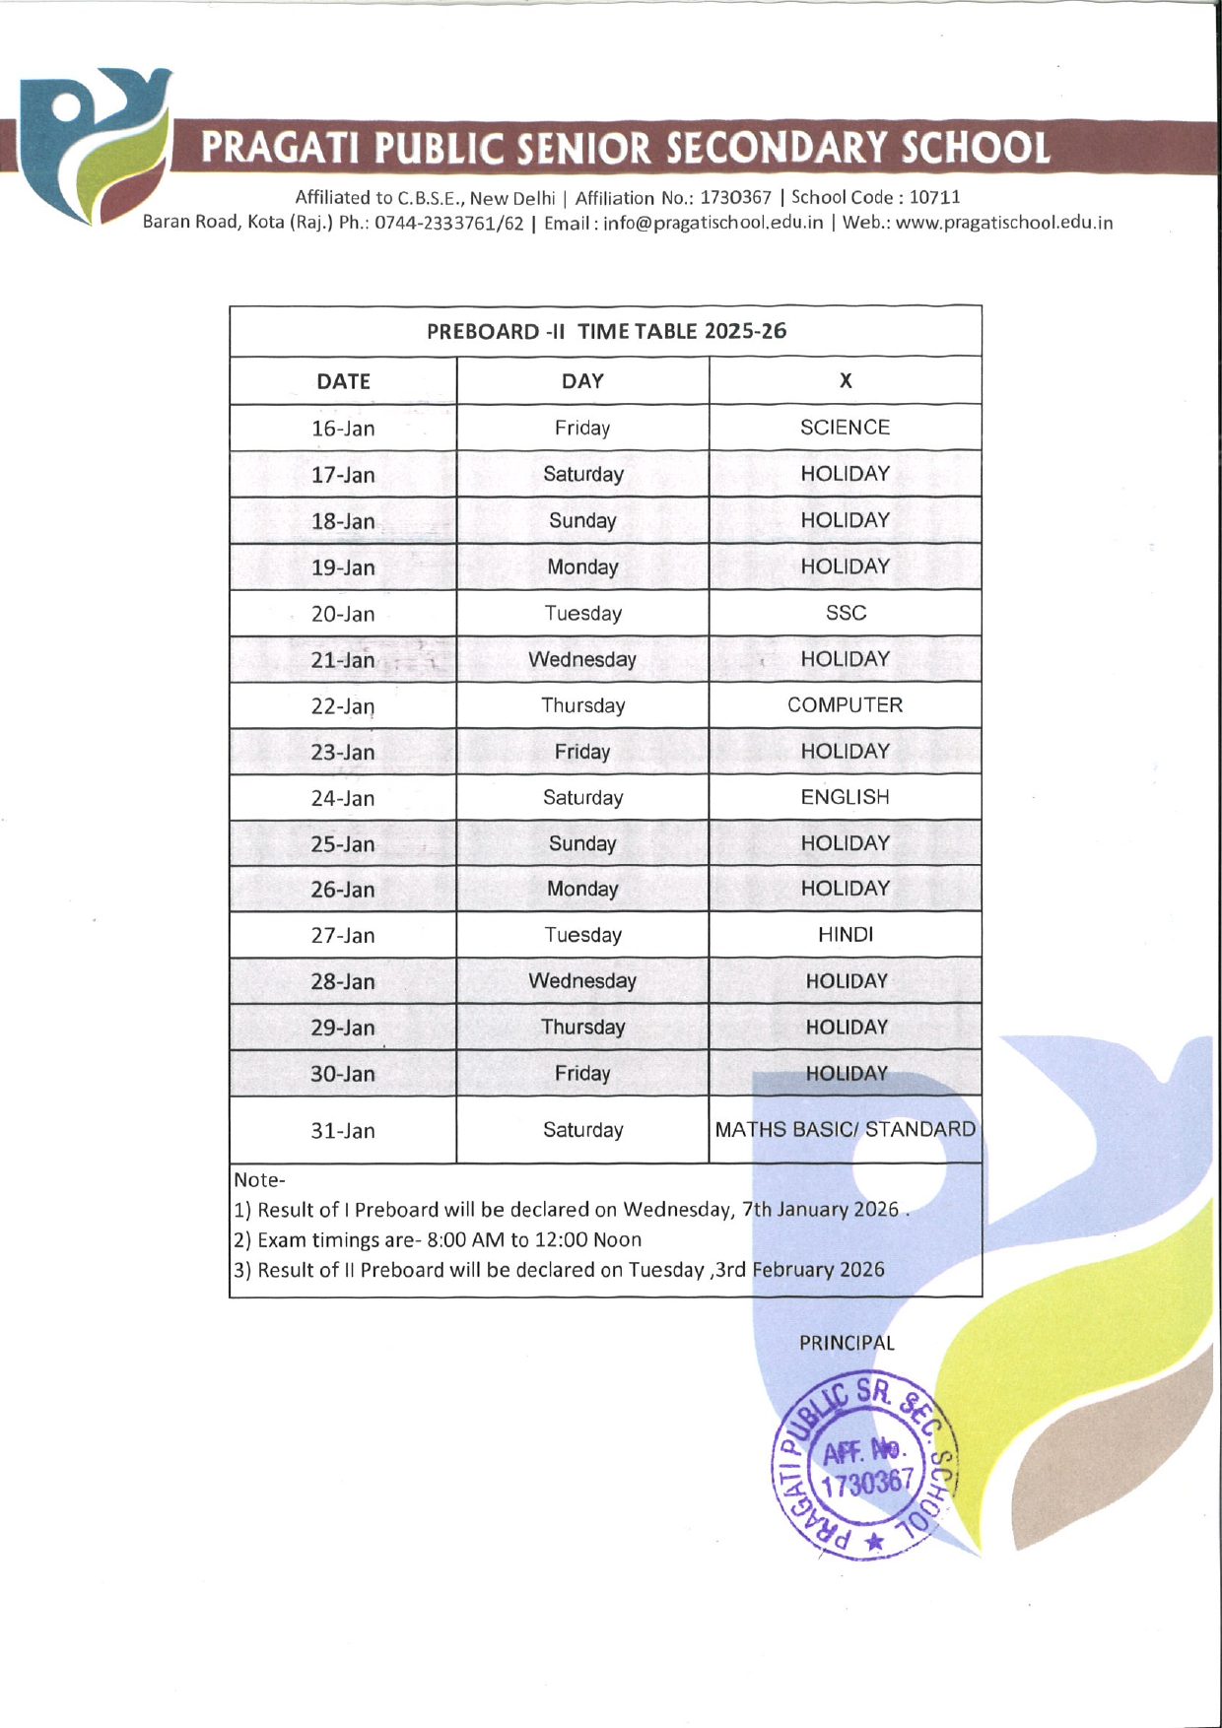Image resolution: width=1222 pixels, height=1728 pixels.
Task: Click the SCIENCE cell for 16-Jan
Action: pyautogui.click(x=845, y=428)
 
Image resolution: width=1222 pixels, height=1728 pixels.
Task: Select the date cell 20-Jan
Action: pyautogui.click(x=343, y=614)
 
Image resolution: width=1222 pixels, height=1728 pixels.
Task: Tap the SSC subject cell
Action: pyautogui.click(x=846, y=613)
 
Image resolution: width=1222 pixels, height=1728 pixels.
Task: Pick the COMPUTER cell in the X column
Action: pyautogui.click(x=845, y=705)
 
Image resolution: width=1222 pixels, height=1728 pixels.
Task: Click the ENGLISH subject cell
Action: pyautogui.click(x=845, y=797)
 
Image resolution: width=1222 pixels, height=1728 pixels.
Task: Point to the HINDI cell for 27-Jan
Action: pyautogui.click(x=845, y=935)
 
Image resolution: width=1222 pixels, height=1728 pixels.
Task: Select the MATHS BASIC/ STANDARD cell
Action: pyautogui.click(x=845, y=1129)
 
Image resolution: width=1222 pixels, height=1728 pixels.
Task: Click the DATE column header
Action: pyautogui.click(x=343, y=381)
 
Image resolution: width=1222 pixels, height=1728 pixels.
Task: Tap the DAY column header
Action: pyautogui.click(x=582, y=381)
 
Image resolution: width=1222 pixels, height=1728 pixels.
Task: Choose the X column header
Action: pyautogui.click(x=845, y=381)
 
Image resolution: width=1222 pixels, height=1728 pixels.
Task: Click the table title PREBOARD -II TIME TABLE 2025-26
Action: pyautogui.click(x=606, y=331)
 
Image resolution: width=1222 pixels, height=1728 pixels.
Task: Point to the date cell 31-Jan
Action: pyautogui.click(x=343, y=1130)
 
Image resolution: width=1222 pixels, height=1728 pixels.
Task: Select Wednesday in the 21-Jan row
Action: pyautogui.click(x=582, y=659)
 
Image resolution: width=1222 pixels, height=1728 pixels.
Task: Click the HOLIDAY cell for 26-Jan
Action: pyautogui.click(x=845, y=889)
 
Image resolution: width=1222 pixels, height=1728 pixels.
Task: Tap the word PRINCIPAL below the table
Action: pyautogui.click(x=847, y=1343)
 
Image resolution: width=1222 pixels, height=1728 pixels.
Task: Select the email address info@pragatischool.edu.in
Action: pyautogui.click(x=713, y=223)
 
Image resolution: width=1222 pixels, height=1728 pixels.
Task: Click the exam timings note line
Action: pyautogui.click(x=438, y=1239)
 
